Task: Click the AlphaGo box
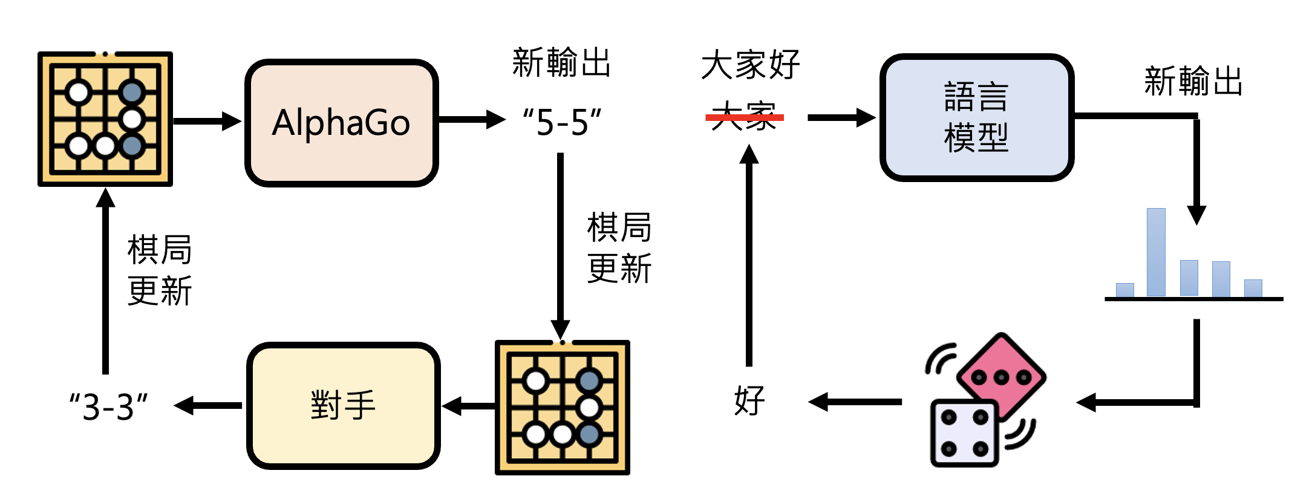[x=341, y=123]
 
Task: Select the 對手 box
[x=343, y=405]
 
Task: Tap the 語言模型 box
[x=976, y=117]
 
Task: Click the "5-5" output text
[x=562, y=122]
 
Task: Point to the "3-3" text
[x=108, y=406]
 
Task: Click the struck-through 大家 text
[x=744, y=116]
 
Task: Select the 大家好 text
[x=751, y=65]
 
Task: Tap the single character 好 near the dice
[x=749, y=401]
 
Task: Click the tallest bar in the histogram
[x=1156, y=252]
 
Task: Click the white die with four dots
[x=964, y=433]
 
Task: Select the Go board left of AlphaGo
[x=105, y=119]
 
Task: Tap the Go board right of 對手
[x=563, y=408]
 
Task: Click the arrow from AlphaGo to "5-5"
[x=472, y=120]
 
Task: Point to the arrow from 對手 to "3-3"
[x=208, y=405]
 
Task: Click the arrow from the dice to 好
[x=855, y=402]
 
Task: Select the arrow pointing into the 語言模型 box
[x=841, y=117]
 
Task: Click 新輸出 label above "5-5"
[x=561, y=63]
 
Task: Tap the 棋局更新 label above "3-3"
[x=160, y=270]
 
